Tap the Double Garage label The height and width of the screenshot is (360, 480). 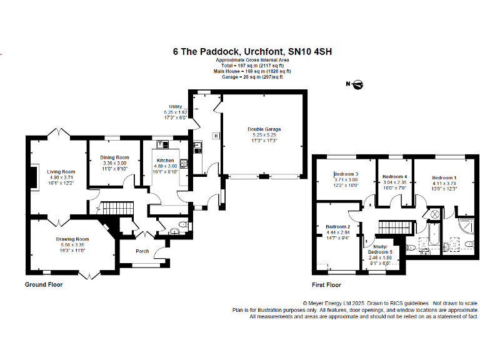tap(264, 129)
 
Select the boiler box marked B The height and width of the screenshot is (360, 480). tap(216, 136)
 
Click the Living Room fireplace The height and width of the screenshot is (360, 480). tap(34, 177)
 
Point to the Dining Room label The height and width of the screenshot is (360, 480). tap(114, 157)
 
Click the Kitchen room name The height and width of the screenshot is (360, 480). tap(165, 161)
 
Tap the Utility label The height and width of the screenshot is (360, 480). tap(176, 106)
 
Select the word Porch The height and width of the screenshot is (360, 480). tap(142, 251)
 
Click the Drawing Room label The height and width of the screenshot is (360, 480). tap(72, 239)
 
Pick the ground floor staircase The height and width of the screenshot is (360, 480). tap(118, 208)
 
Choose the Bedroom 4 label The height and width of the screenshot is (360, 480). tap(395, 177)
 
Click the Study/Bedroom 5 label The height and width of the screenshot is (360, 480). tap(380, 249)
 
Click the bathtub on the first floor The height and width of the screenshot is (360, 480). tap(434, 234)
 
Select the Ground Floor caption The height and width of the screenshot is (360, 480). tap(44, 285)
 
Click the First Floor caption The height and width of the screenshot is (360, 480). tap(326, 285)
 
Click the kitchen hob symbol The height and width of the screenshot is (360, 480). tap(184, 164)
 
